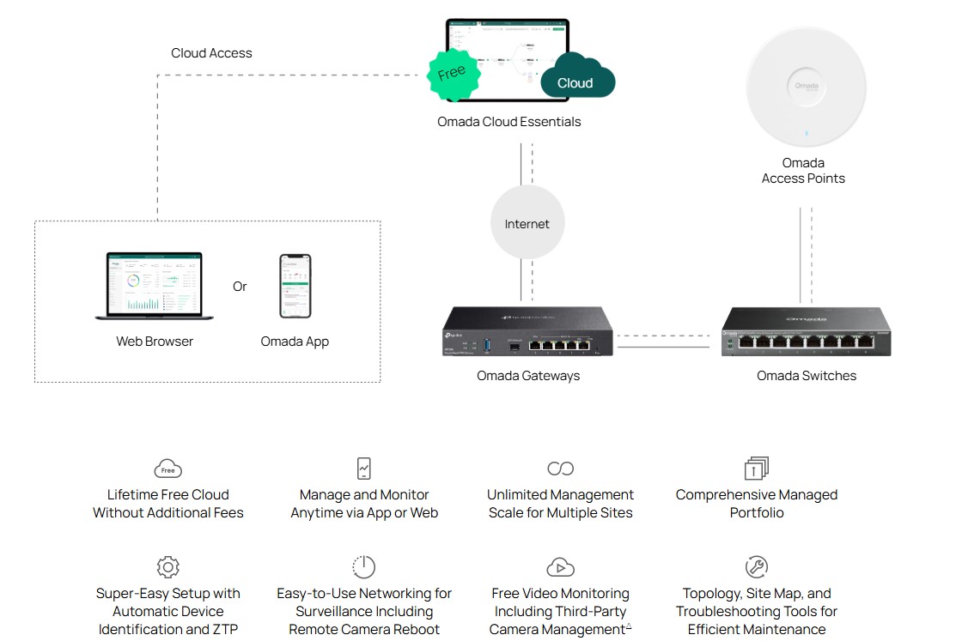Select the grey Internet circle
click(x=527, y=224)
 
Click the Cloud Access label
click(x=211, y=53)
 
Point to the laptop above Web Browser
click(x=155, y=287)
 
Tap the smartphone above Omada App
click(x=295, y=286)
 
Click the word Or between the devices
click(x=240, y=287)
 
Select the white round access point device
click(x=806, y=88)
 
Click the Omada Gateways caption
click(x=528, y=376)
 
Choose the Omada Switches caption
click(x=806, y=376)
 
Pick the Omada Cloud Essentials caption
click(x=509, y=122)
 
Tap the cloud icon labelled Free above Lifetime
click(x=168, y=469)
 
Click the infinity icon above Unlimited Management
click(x=560, y=469)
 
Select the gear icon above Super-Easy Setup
click(x=168, y=567)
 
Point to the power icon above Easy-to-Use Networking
click(x=364, y=567)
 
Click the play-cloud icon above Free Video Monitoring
click(x=560, y=567)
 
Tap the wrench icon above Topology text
click(x=757, y=567)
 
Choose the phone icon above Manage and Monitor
click(x=364, y=469)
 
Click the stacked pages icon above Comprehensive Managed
click(x=757, y=469)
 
